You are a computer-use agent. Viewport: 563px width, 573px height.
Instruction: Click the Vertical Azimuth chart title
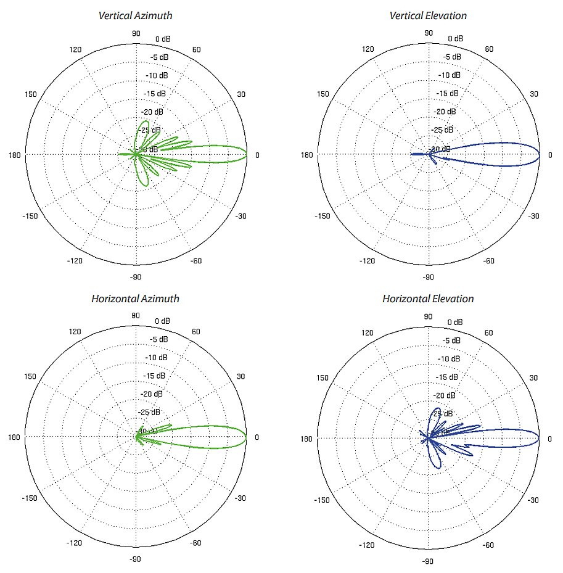click(x=136, y=15)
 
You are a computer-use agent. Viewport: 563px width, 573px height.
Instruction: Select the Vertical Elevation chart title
click(x=428, y=15)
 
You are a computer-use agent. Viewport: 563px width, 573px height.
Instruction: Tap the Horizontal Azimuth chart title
click(x=136, y=299)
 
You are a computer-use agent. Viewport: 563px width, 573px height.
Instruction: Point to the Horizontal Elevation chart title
click(x=428, y=299)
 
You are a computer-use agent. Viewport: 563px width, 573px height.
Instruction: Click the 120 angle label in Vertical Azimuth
click(x=75, y=49)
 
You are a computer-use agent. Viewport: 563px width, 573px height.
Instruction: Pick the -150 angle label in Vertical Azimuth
click(x=31, y=216)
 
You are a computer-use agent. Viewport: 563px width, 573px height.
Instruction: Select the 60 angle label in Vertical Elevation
click(x=489, y=49)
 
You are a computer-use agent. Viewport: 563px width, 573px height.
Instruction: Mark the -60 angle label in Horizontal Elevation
click(x=489, y=544)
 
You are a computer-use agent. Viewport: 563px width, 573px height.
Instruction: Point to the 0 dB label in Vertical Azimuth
click(x=163, y=39)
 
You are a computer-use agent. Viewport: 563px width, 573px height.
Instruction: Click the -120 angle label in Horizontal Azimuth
click(x=75, y=544)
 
